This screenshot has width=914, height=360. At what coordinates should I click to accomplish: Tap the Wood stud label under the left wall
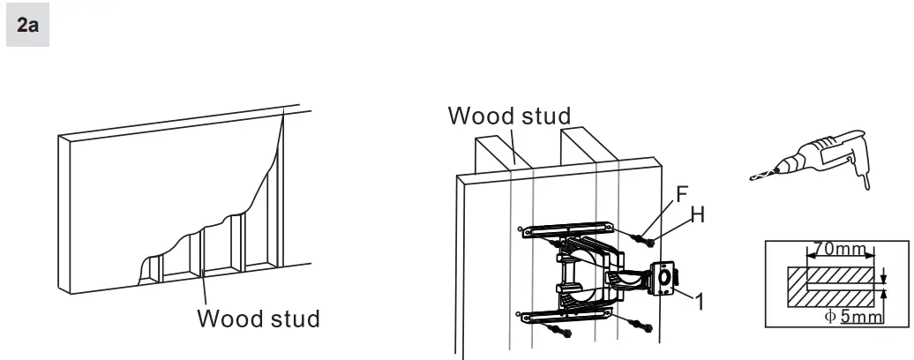[258, 317]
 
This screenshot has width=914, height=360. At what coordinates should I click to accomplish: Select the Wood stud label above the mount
[509, 116]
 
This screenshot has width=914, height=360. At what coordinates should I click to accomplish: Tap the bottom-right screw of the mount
[648, 329]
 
